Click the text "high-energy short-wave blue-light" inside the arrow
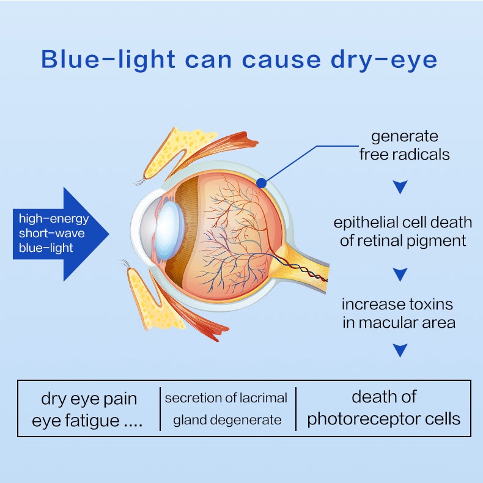54,233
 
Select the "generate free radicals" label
404,146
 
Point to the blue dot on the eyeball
261,183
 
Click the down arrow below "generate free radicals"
400,187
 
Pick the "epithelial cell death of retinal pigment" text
403,232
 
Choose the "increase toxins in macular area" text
399,313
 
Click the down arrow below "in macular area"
400,350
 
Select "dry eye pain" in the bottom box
89,399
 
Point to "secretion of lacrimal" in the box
226,398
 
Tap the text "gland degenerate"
227,420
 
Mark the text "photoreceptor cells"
383,419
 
